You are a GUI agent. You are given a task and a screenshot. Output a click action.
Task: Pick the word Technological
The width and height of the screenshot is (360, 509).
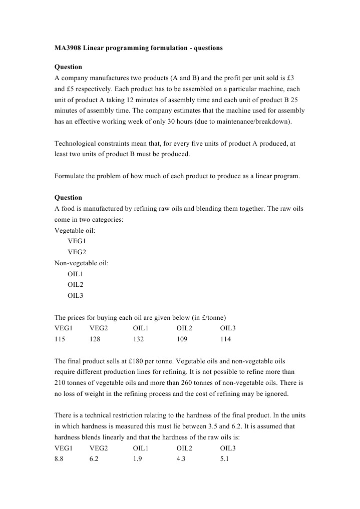coord(77,143)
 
